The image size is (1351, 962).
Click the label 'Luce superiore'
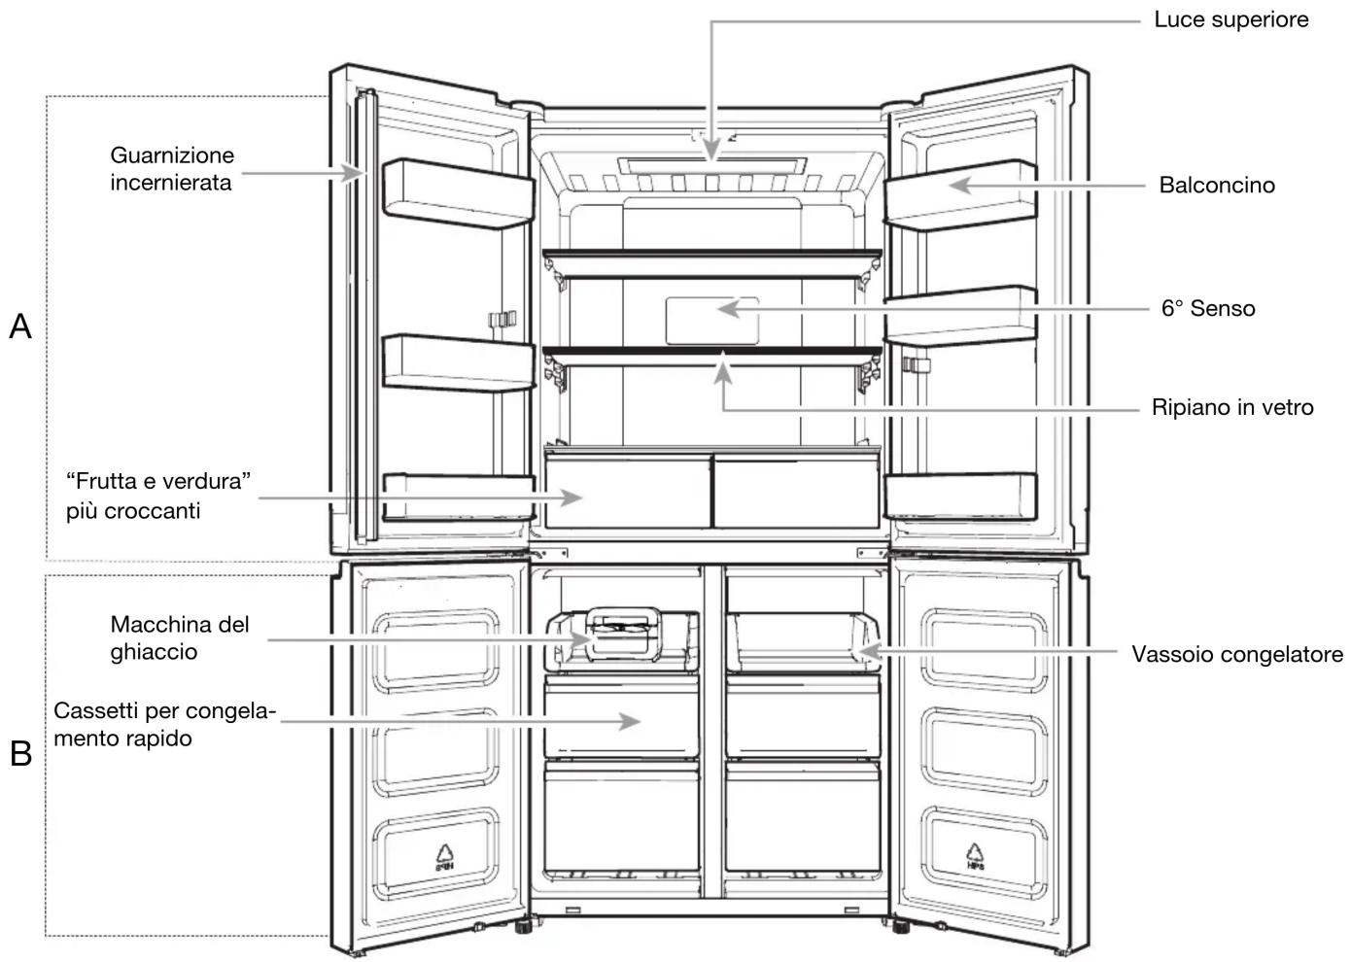pos(1231,20)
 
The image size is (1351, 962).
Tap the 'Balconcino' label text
pos(1217,186)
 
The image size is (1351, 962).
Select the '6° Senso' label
pos(1208,309)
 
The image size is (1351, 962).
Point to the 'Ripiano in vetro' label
pos(1232,408)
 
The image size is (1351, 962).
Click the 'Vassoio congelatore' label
pos(1237,654)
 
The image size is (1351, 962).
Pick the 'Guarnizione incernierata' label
pos(172,169)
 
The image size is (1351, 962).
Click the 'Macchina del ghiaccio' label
pos(179,638)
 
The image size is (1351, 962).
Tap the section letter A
pos(20,326)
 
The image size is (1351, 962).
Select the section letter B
pos(21,754)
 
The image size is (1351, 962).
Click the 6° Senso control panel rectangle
pos(711,321)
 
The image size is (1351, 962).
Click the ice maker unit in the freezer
pos(624,635)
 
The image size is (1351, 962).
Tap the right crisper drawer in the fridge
pos(796,492)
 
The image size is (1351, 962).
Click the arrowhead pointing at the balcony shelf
pos(961,186)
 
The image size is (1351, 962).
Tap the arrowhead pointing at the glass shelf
pos(723,368)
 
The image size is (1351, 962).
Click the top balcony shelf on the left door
pos(459,194)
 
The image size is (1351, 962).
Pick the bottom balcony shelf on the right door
pos(960,497)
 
